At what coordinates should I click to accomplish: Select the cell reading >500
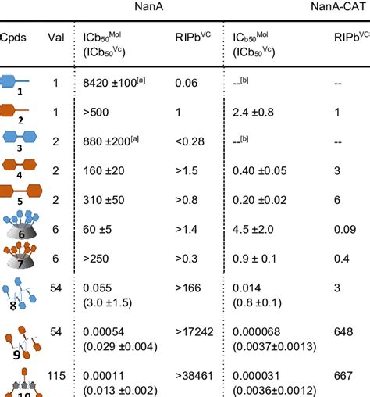pyautogui.click(x=98, y=111)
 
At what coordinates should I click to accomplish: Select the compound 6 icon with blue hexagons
pyautogui.click(x=20, y=226)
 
